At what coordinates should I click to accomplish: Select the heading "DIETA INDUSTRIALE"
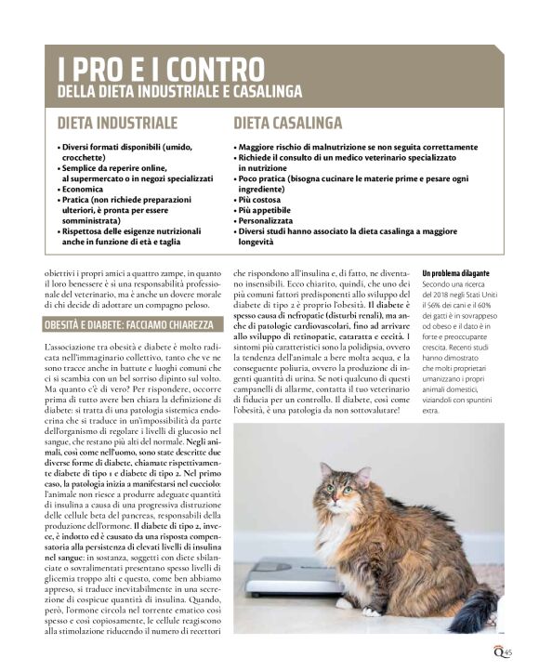117,123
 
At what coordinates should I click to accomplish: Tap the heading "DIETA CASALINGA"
287,123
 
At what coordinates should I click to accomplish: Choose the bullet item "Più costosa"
261,199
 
